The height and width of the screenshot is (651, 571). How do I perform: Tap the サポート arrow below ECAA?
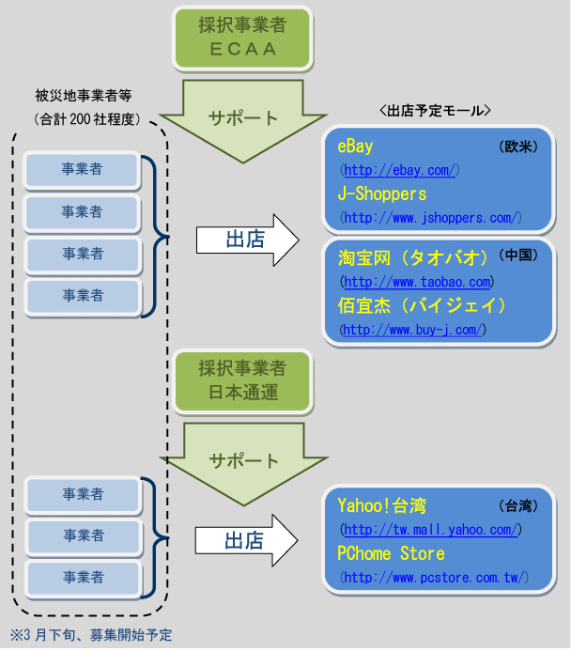pyautogui.click(x=244, y=119)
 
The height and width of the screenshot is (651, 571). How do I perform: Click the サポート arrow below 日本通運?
pyautogui.click(x=244, y=461)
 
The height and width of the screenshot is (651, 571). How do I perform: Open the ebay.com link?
pyautogui.click(x=400, y=170)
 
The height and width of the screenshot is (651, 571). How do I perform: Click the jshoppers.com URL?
pyautogui.click(x=432, y=218)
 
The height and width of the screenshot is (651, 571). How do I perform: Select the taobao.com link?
pyautogui.click(x=418, y=282)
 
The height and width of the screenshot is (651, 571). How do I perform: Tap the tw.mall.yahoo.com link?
pyautogui.click(x=430, y=531)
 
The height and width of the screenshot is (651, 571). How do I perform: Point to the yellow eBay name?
pyautogui.click(x=356, y=147)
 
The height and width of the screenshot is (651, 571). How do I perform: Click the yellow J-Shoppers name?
pyautogui.click(x=382, y=194)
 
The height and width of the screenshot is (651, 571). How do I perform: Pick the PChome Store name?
pyautogui.click(x=392, y=553)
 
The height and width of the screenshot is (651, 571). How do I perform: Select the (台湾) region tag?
pyautogui.click(x=517, y=506)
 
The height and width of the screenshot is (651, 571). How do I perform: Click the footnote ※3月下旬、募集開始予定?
pyautogui.click(x=91, y=635)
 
